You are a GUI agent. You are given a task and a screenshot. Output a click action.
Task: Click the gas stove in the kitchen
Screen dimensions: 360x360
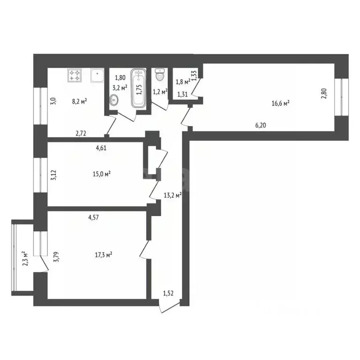pos(75,75)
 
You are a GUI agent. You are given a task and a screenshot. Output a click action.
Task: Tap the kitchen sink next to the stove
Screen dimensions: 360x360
pos(97,75)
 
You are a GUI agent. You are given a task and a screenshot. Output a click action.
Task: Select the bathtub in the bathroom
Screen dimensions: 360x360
pos(138,87)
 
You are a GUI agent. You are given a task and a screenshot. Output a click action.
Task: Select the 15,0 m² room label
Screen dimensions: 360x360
pos(102,174)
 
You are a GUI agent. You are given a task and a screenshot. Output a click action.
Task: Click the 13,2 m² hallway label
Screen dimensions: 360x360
pos(172,195)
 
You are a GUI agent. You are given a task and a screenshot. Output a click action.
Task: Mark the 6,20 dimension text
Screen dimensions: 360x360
pos(262,126)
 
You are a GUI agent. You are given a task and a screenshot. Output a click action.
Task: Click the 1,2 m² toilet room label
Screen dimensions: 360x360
pos(161,91)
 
